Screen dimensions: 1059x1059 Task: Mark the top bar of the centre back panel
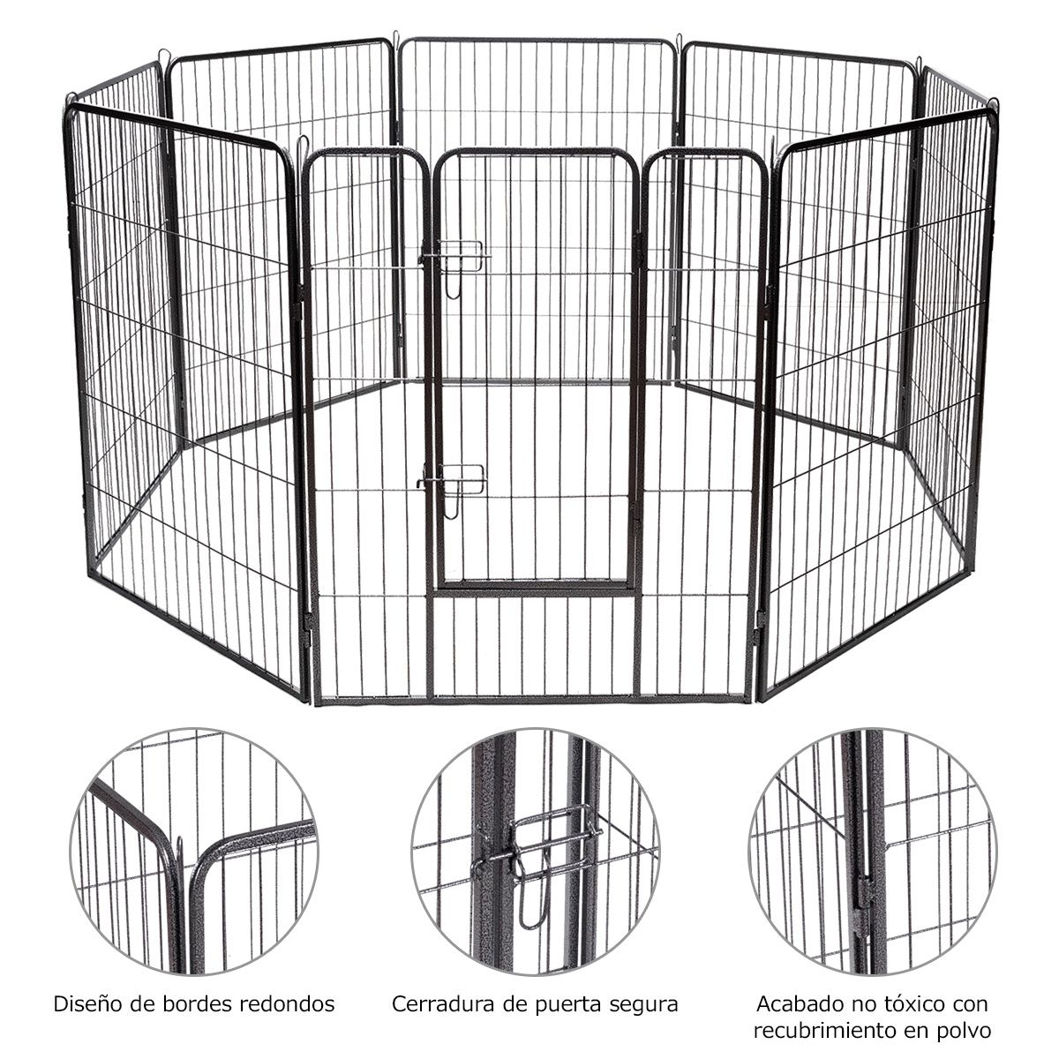coord(537,41)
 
